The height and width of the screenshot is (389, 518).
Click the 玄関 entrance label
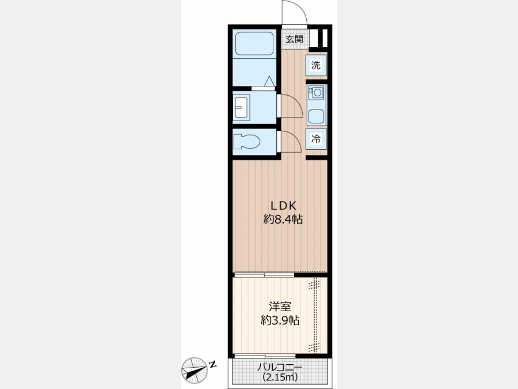[294, 39]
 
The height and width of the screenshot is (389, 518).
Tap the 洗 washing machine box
[316, 65]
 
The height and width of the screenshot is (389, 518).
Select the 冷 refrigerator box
[316, 138]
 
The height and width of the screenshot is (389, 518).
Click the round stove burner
[318, 92]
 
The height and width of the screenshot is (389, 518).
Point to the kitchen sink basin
[316, 116]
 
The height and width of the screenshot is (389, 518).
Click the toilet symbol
[246, 142]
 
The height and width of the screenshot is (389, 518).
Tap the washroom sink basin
[242, 107]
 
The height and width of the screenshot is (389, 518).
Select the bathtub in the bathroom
[254, 43]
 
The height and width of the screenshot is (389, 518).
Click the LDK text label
[283, 206]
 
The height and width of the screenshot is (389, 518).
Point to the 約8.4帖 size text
[283, 220]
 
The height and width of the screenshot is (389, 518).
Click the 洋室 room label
[280, 307]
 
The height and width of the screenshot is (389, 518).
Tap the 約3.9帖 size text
[280, 320]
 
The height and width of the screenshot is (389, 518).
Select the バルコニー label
[280, 368]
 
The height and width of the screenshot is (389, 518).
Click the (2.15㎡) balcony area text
[280, 377]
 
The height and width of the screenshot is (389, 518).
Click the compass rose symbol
[195, 370]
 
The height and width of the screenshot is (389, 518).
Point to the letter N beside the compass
[213, 365]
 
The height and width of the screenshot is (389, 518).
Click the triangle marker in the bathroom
[269, 81]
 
